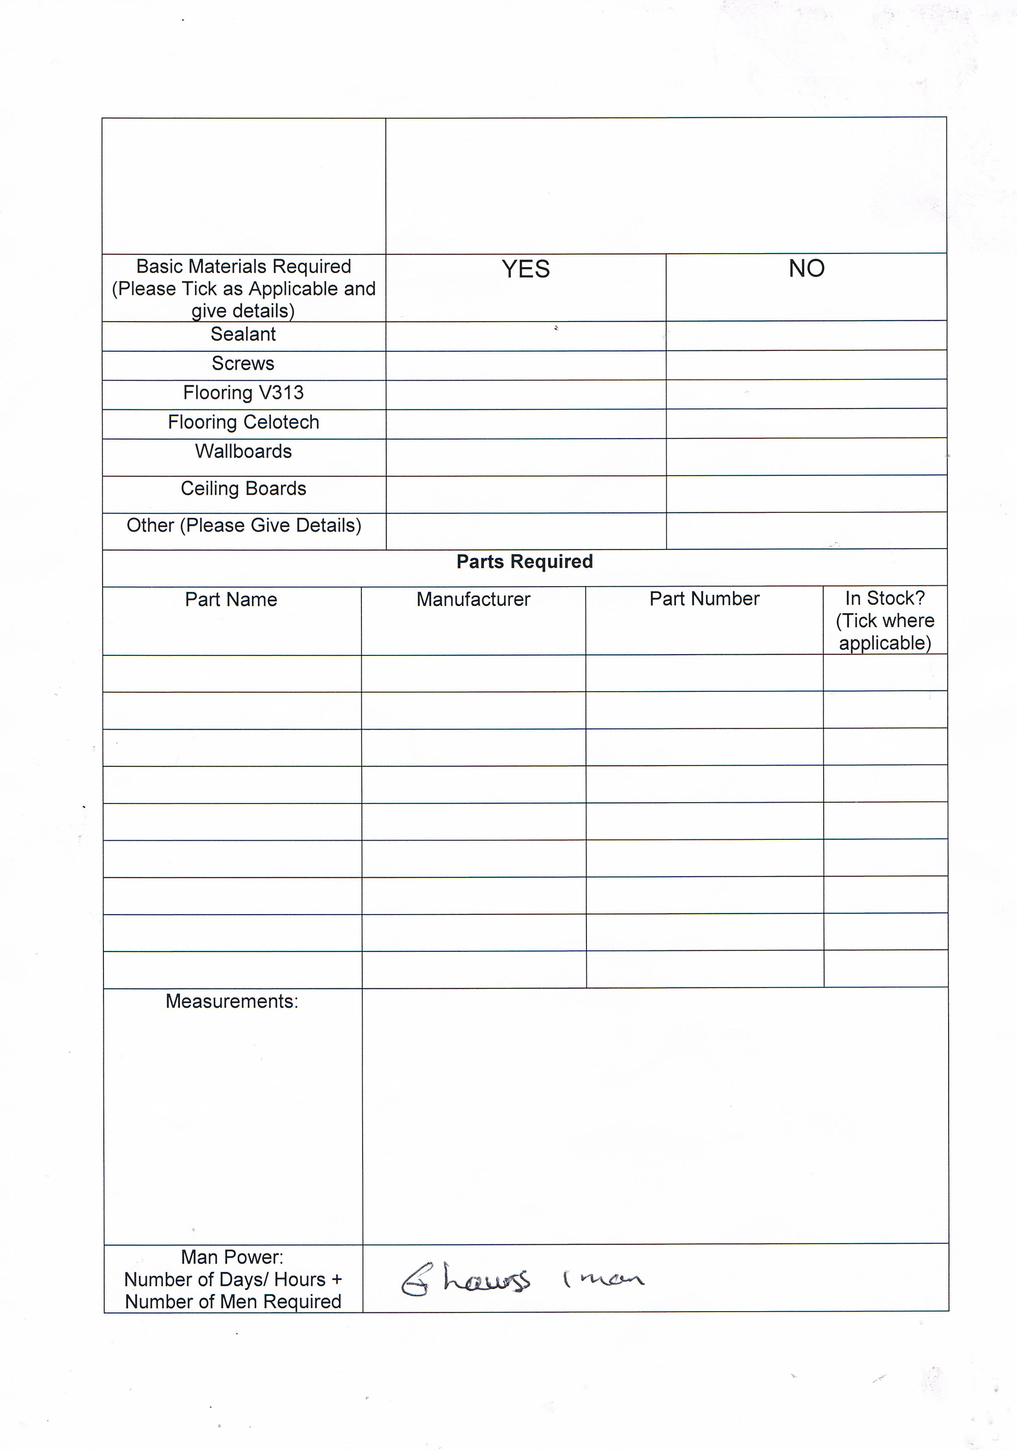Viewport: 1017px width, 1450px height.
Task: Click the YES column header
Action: click(x=526, y=269)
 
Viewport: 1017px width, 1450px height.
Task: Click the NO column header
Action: click(x=806, y=268)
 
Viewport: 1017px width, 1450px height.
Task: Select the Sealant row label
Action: click(x=243, y=334)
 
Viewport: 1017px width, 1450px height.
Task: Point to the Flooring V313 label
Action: click(x=243, y=393)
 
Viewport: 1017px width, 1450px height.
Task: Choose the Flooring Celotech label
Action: click(x=243, y=422)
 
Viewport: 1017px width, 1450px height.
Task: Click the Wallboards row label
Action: click(x=243, y=452)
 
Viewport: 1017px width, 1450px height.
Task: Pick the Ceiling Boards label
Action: click(x=243, y=488)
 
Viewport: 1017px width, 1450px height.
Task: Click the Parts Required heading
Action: click(x=524, y=561)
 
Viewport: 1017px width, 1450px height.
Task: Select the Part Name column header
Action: click(x=231, y=599)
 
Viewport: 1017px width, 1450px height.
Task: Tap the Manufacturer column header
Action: click(x=473, y=599)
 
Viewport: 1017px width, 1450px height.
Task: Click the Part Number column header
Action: click(x=704, y=599)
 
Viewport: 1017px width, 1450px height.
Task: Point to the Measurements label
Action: click(x=232, y=1001)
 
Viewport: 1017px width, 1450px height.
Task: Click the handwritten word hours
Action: click(x=486, y=1280)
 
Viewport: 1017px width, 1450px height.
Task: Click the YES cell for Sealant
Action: click(x=526, y=336)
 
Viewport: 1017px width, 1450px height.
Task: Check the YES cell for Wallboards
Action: click(x=526, y=457)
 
